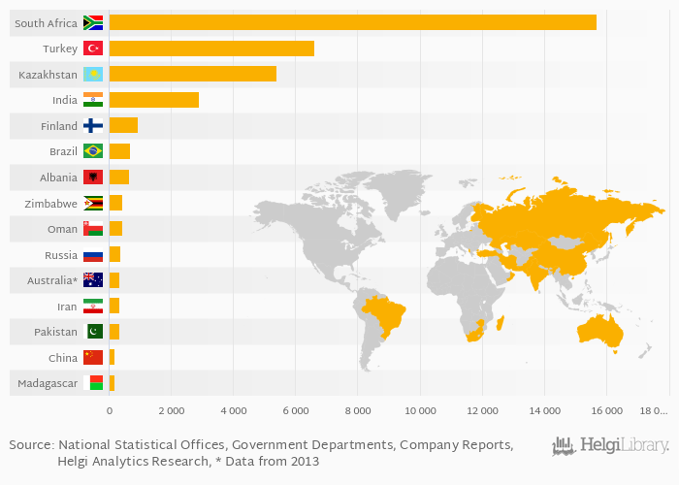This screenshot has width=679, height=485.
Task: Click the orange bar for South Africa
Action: [x=352, y=22]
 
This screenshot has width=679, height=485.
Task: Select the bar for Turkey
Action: [x=211, y=48]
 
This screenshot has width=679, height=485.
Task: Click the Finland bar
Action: [x=123, y=125]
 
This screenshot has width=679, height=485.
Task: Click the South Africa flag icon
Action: [x=93, y=22]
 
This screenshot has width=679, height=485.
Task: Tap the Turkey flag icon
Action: [x=93, y=48]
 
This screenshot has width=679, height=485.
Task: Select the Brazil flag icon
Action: [x=93, y=151]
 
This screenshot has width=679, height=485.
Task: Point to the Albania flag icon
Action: [x=93, y=178]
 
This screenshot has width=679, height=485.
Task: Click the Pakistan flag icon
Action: [x=93, y=332]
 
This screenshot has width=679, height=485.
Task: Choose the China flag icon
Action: [x=93, y=358]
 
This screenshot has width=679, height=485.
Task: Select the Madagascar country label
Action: [x=48, y=384]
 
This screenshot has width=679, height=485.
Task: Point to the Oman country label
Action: [x=62, y=229]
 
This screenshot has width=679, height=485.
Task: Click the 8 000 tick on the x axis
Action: [x=357, y=410]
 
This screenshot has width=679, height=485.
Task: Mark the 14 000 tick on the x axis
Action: [x=544, y=410]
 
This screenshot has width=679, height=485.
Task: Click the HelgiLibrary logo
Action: [x=610, y=446]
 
